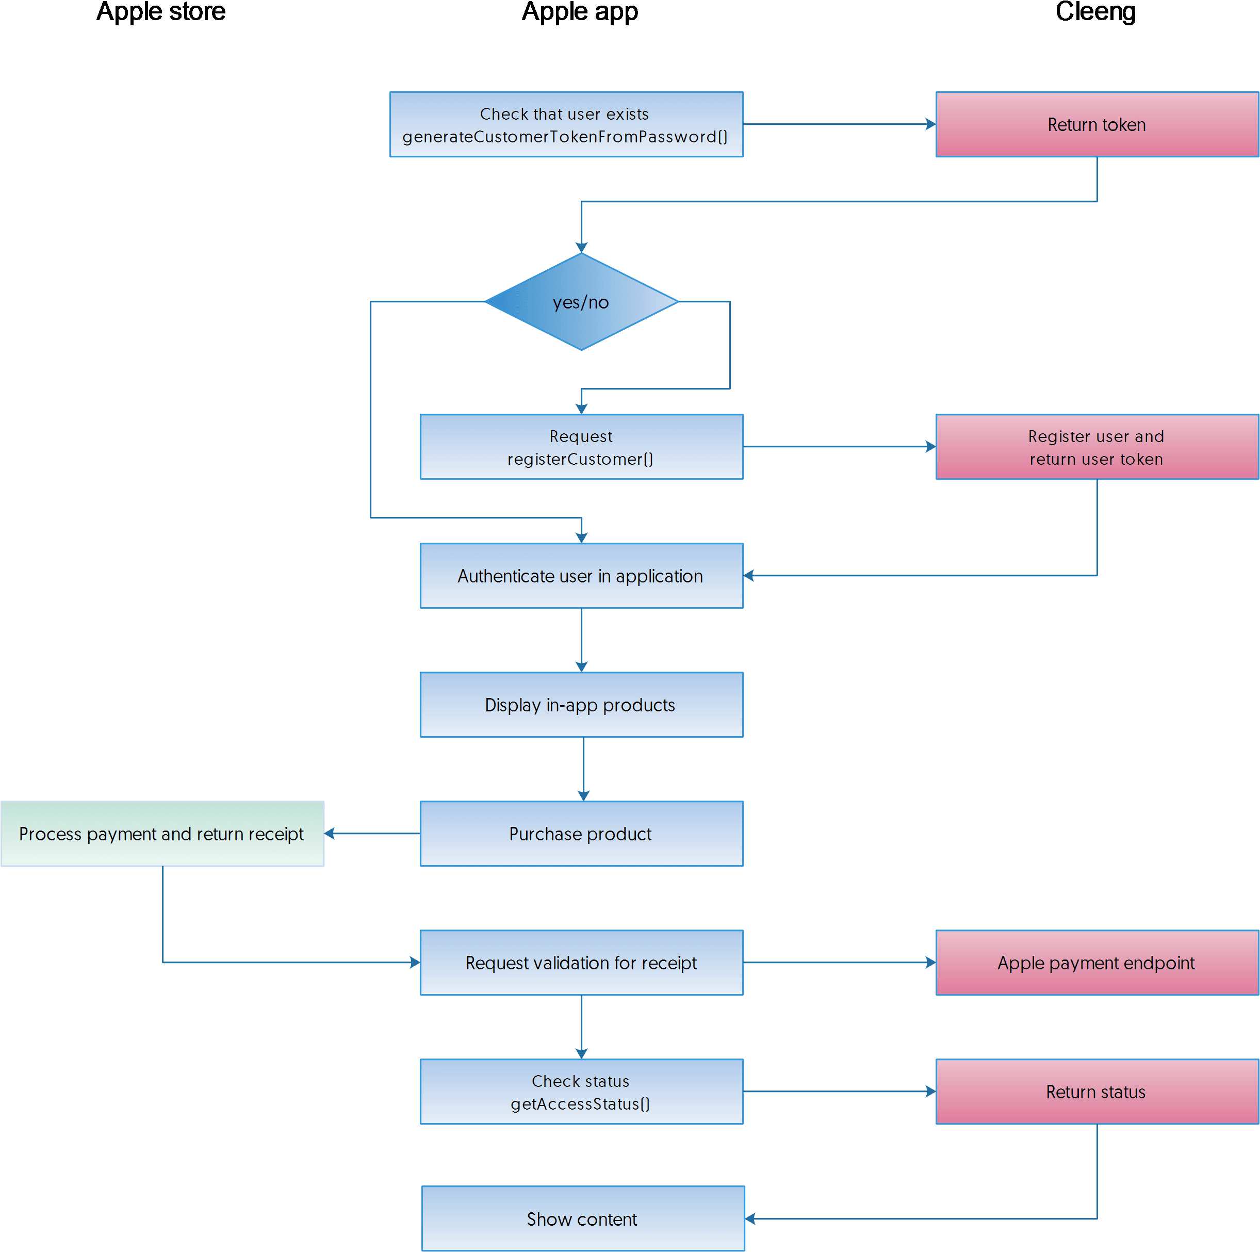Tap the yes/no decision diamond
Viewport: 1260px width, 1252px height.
(580, 301)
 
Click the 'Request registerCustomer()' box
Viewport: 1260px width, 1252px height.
(581, 447)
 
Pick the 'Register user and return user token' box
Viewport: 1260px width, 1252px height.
(1097, 447)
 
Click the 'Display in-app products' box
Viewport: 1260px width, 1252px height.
(581, 705)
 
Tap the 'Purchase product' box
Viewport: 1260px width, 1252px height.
(581, 833)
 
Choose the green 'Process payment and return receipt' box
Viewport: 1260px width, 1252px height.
(162, 833)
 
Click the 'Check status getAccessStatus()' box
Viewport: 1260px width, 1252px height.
(581, 1092)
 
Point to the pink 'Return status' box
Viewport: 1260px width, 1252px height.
(1097, 1092)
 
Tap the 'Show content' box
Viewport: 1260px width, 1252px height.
(582, 1218)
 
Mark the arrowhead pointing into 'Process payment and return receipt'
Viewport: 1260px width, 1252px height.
(330, 833)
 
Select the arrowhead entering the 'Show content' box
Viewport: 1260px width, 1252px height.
(750, 1218)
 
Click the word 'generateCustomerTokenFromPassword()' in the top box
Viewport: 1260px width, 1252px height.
(565, 136)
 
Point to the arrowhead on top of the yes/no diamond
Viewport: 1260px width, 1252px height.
(581, 247)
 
